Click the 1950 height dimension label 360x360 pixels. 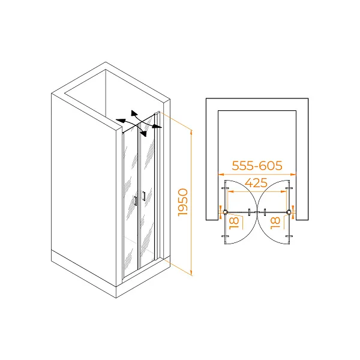(183, 202)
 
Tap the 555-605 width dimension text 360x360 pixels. (257, 166)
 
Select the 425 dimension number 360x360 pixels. (256, 183)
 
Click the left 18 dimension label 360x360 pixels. (234, 223)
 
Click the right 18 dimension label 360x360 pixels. (275, 223)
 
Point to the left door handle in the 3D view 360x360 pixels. (136, 201)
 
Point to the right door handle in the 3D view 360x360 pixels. (144, 196)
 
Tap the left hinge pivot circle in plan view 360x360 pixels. (225, 212)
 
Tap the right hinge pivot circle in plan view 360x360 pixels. (289, 212)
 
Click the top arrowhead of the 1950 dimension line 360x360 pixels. (191, 132)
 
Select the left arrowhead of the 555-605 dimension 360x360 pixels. (221, 175)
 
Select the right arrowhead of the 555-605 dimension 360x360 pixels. (293, 175)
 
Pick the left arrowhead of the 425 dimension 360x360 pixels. (230, 191)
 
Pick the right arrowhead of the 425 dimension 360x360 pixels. (284, 191)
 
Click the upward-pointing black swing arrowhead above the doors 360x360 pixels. (134, 113)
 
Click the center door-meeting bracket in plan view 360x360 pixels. (257, 212)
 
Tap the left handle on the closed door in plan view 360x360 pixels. (250, 212)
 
